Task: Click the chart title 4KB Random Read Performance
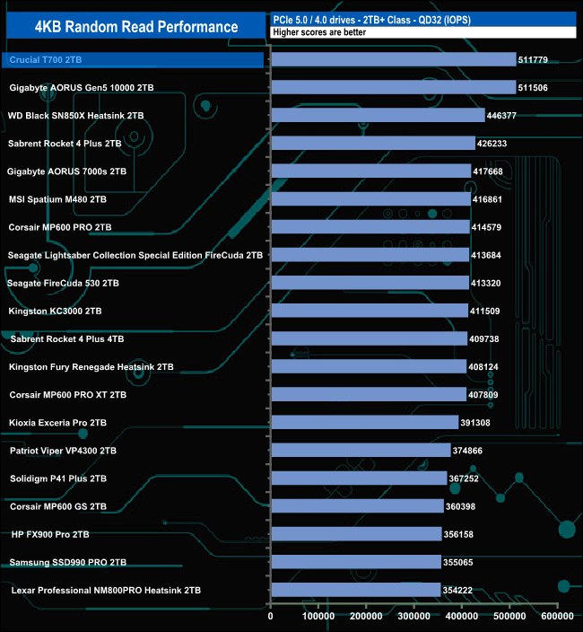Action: (x=136, y=27)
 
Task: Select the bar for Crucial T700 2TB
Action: (x=393, y=60)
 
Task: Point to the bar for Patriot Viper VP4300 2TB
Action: (x=361, y=450)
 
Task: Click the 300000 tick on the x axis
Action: (x=414, y=617)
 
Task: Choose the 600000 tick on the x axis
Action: (x=557, y=617)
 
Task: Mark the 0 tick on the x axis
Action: (x=271, y=617)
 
